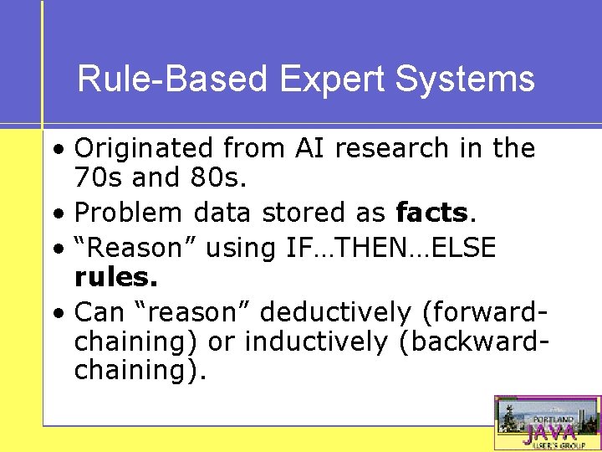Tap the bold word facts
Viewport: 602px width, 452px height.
(x=431, y=213)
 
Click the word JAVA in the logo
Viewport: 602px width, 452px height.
(x=549, y=432)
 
